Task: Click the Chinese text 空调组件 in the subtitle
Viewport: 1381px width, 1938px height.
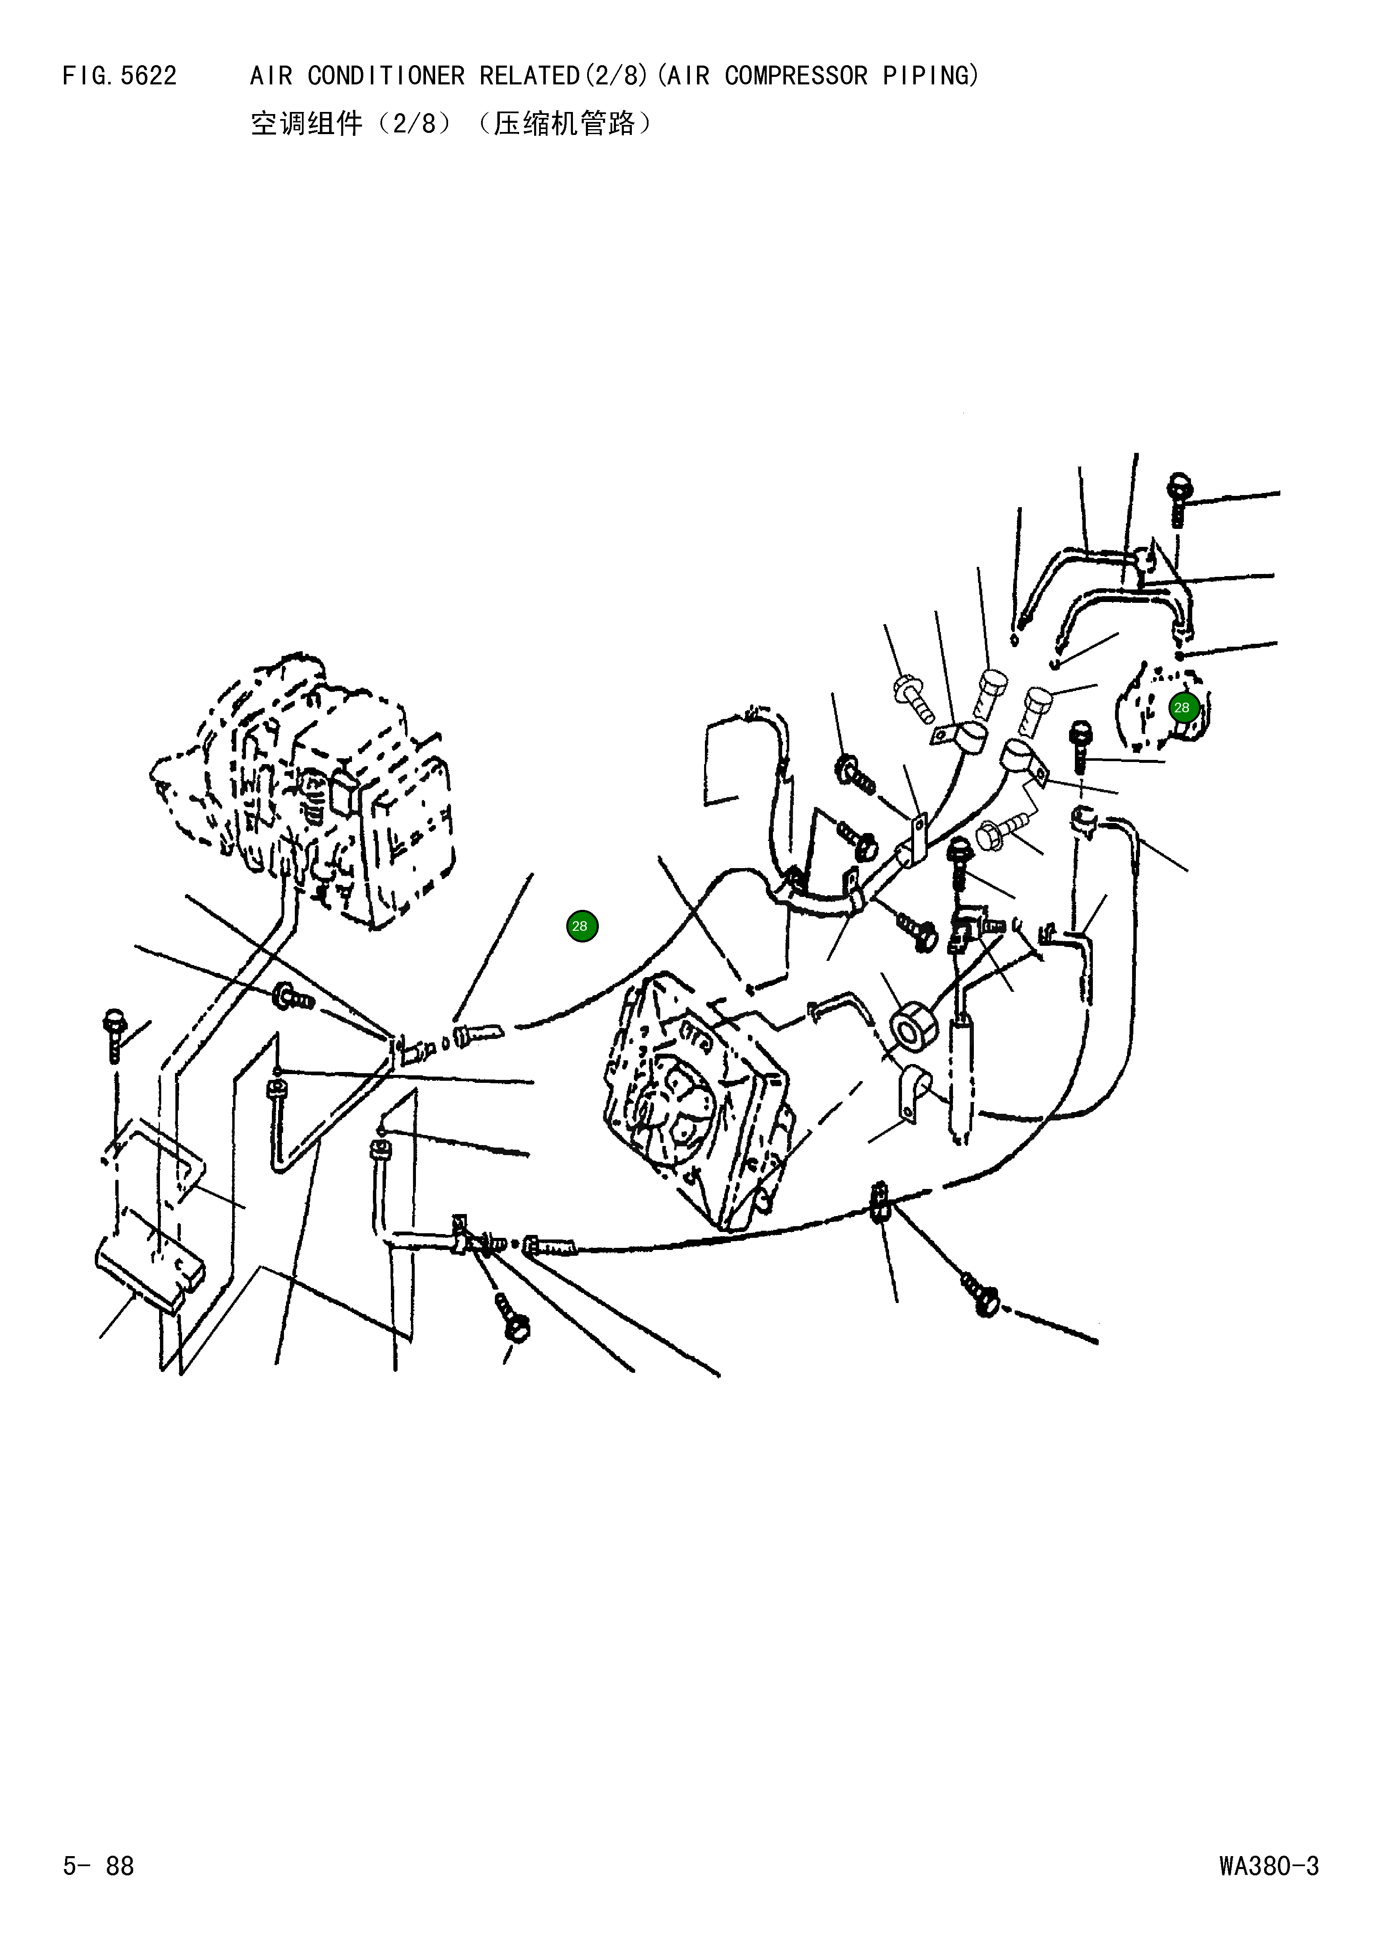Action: pyautogui.click(x=306, y=124)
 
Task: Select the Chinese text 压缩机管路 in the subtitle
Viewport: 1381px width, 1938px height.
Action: pyautogui.click(x=564, y=124)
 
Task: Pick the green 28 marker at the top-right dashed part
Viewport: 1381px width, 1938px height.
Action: pyautogui.click(x=1181, y=708)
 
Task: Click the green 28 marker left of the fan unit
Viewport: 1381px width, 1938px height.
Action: pyautogui.click(x=582, y=926)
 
